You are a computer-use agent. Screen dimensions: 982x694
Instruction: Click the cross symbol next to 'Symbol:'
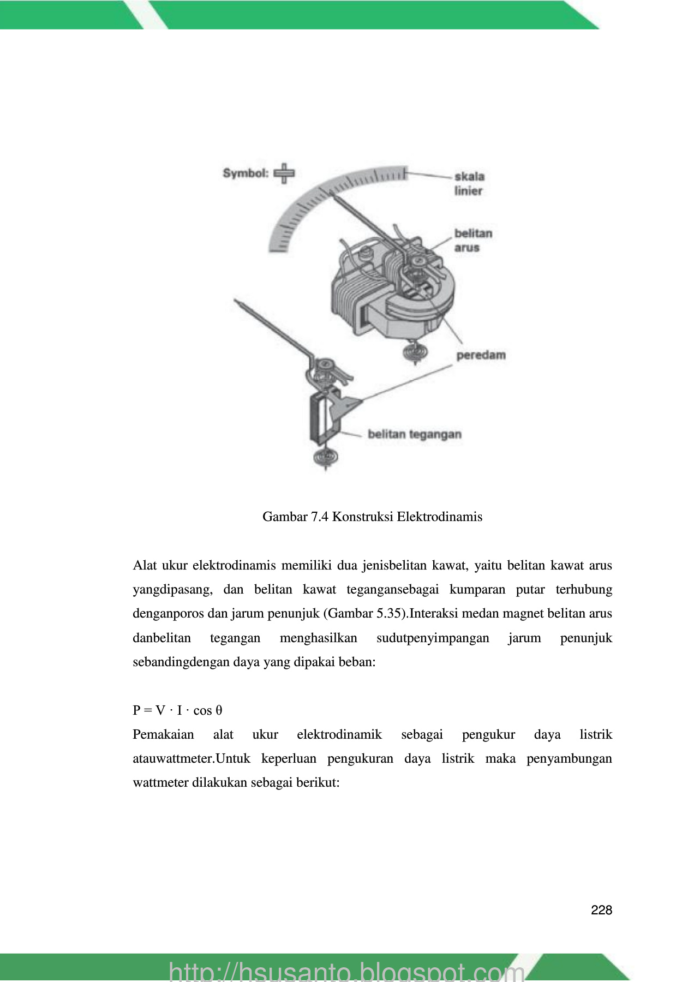pyautogui.click(x=284, y=173)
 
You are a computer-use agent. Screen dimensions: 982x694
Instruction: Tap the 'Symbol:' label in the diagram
pyautogui.click(x=246, y=173)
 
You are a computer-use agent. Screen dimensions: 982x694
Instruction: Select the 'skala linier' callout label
pyautogui.click(x=469, y=184)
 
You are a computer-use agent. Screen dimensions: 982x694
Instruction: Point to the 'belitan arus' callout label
pyautogui.click(x=473, y=241)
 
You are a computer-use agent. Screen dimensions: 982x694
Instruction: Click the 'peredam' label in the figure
pyautogui.click(x=481, y=355)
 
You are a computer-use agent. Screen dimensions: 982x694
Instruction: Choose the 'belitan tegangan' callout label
pyautogui.click(x=415, y=434)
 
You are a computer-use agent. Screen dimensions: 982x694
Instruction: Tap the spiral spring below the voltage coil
pyautogui.click(x=326, y=457)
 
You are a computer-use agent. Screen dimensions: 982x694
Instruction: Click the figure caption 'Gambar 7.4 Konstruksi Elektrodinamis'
pyautogui.click(x=372, y=516)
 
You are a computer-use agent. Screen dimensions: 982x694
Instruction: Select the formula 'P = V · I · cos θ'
pyautogui.click(x=177, y=710)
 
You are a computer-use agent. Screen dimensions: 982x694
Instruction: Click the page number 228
pyautogui.click(x=601, y=910)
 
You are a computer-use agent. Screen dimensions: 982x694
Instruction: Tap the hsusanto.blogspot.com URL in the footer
pyautogui.click(x=347, y=971)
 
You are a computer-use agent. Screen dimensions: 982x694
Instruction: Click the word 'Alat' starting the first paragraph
pyautogui.click(x=145, y=565)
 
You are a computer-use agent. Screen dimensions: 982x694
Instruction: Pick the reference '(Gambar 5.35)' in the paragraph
pyautogui.click(x=366, y=614)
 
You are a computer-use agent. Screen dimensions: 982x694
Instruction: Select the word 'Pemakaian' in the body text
pyautogui.click(x=163, y=734)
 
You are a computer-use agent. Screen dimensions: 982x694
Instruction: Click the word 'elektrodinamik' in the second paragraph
pyautogui.click(x=339, y=734)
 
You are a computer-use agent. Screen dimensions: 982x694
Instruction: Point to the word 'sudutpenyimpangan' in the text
pyautogui.click(x=433, y=638)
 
